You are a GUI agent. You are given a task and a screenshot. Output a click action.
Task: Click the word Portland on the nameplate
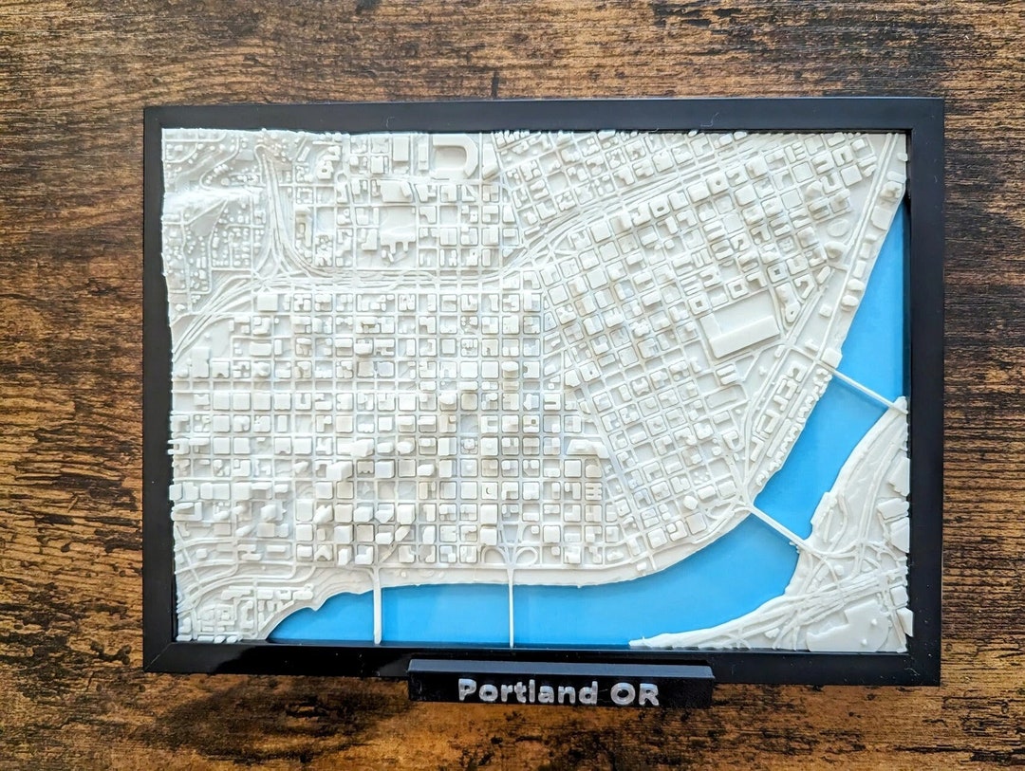528,691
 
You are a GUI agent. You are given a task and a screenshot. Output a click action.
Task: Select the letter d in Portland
589,691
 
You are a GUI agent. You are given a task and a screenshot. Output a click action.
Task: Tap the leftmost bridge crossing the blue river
377,607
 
